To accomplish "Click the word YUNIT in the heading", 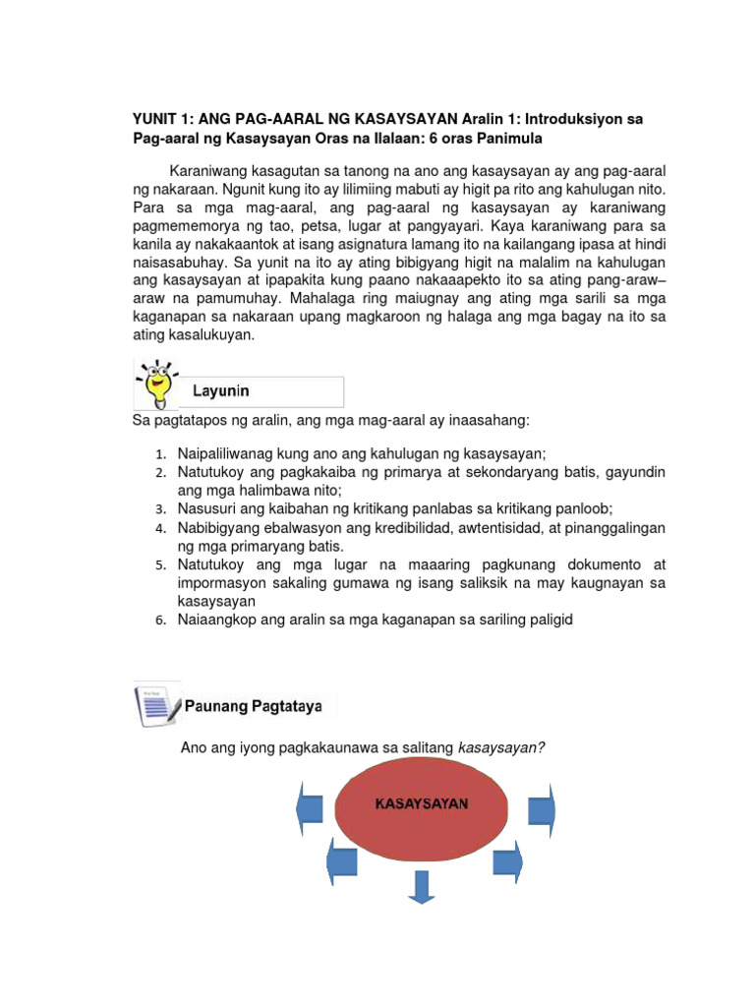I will [157, 119].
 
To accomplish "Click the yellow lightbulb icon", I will [157, 384].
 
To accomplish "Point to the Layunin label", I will [220, 390].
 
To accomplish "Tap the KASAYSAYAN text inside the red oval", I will [422, 803].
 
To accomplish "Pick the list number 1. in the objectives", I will [162, 455].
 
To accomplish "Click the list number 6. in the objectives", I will [162, 621].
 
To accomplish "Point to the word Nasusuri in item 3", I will [206, 508].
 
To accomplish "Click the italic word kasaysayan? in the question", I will [502, 748].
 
